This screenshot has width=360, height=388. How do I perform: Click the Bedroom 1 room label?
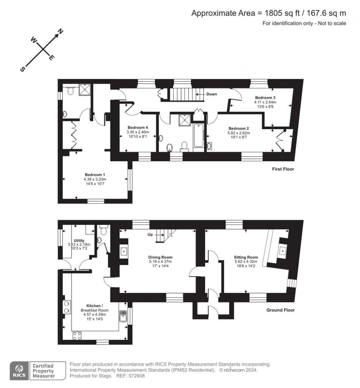[95, 175]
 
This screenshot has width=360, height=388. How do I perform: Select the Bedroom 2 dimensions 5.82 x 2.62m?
[239, 133]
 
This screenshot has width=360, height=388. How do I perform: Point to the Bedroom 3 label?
[264, 97]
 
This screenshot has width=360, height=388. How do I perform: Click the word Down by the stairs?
[212, 94]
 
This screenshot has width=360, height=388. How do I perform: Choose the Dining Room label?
[160, 257]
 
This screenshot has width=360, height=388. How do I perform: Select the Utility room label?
[79, 240]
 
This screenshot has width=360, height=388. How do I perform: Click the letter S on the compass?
[23, 69]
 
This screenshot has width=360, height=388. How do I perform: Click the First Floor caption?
[283, 169]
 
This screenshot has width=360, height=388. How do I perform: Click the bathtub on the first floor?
[198, 136]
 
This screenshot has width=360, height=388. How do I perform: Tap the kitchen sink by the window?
[122, 316]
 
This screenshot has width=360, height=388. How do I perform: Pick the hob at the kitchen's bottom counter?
[77, 335]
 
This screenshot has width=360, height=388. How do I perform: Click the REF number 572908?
[137, 376]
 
